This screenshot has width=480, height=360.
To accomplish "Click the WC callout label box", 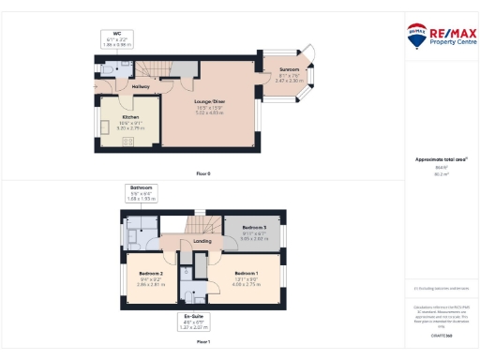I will pyautogui.click(x=117, y=38).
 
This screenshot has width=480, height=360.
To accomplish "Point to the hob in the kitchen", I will pyautogui.click(x=129, y=142).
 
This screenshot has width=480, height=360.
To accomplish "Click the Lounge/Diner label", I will pyautogui.click(x=208, y=99).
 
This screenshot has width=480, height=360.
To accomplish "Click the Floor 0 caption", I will pyautogui.click(x=203, y=173).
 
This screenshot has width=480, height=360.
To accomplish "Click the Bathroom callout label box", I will pyautogui.click(x=141, y=192).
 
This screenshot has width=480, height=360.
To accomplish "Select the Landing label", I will pyautogui.click(x=201, y=241).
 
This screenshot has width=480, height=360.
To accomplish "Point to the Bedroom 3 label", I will pyautogui.click(x=254, y=228).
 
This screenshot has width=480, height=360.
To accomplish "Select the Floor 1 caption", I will pyautogui.click(x=203, y=342).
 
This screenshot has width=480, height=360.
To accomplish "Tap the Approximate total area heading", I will pyautogui.click(x=441, y=159).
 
